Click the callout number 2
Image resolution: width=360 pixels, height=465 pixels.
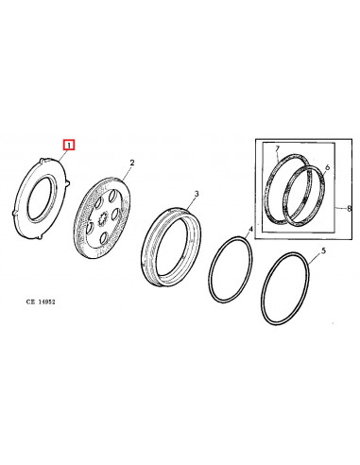point(132,163)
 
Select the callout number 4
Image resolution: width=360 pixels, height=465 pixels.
point(249,230)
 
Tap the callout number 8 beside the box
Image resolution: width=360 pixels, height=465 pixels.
point(348,208)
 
